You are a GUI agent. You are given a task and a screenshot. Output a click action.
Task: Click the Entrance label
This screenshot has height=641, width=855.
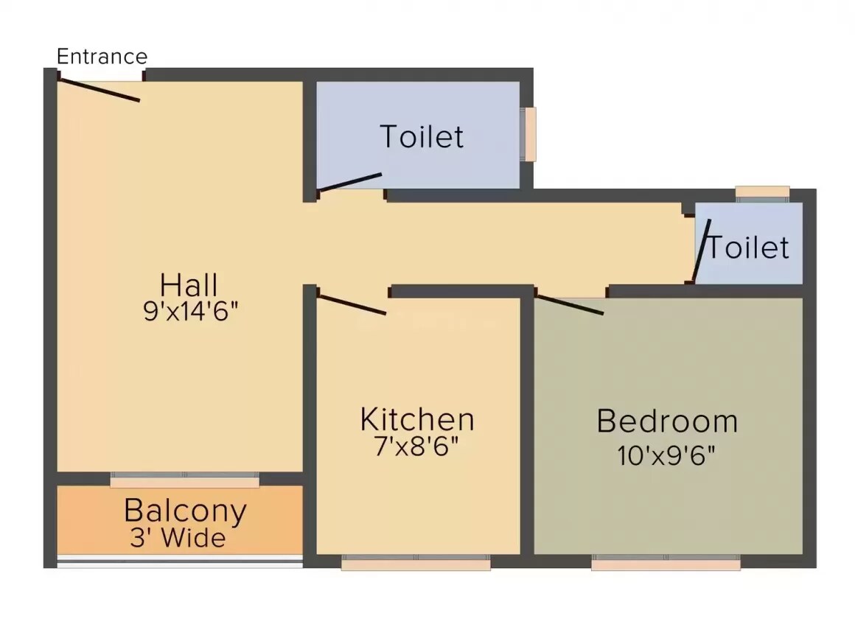pyautogui.click(x=102, y=56)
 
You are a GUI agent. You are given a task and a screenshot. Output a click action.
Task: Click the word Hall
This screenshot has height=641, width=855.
pyautogui.click(x=189, y=284)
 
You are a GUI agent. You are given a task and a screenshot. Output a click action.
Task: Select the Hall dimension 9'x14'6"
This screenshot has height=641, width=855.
pyautogui.click(x=192, y=311)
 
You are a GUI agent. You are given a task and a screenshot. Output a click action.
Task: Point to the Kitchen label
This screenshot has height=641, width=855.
pyautogui.click(x=417, y=419)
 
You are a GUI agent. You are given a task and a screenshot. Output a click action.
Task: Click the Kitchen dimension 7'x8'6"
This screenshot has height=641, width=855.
pyautogui.click(x=417, y=446)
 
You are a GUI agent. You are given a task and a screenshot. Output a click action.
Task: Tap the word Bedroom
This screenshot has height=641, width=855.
pyautogui.click(x=667, y=421)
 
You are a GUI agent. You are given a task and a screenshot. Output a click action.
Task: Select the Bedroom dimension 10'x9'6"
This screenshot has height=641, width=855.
pyautogui.click(x=667, y=455)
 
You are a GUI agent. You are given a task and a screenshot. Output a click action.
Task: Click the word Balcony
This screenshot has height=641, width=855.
pyautogui.click(x=185, y=511)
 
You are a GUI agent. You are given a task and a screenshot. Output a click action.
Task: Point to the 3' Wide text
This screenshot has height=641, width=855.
pyautogui.click(x=178, y=538)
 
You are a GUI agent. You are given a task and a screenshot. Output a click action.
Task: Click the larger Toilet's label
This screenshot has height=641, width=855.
pyautogui.click(x=422, y=136)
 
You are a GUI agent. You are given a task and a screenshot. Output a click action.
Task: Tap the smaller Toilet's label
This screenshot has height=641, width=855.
pyautogui.click(x=749, y=248)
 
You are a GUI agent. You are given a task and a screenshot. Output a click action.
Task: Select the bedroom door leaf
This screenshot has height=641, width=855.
pyautogui.click(x=570, y=304)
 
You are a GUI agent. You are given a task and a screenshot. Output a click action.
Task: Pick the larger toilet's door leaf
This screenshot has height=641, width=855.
pyautogui.click(x=349, y=183)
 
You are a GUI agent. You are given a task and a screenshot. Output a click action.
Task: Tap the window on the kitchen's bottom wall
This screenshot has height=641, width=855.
pyautogui.click(x=416, y=564)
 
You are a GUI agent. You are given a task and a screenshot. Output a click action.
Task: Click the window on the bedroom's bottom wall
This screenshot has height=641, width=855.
pyautogui.click(x=666, y=564)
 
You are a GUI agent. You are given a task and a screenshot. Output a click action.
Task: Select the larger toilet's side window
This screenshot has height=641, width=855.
pyautogui.click(x=529, y=133)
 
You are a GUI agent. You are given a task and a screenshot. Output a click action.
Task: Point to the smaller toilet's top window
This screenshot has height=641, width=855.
pyautogui.click(x=762, y=193)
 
